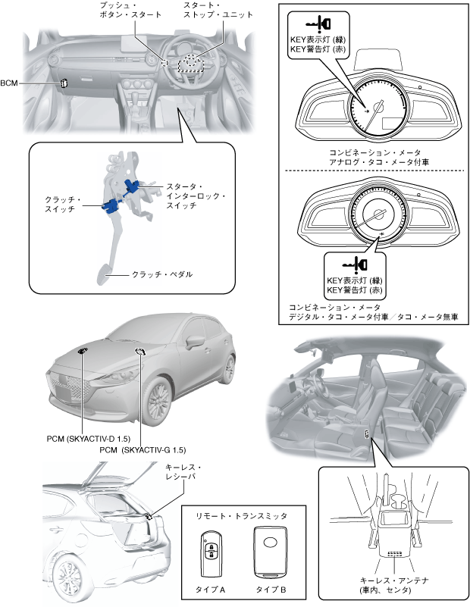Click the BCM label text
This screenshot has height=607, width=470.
click(x=11, y=83)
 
